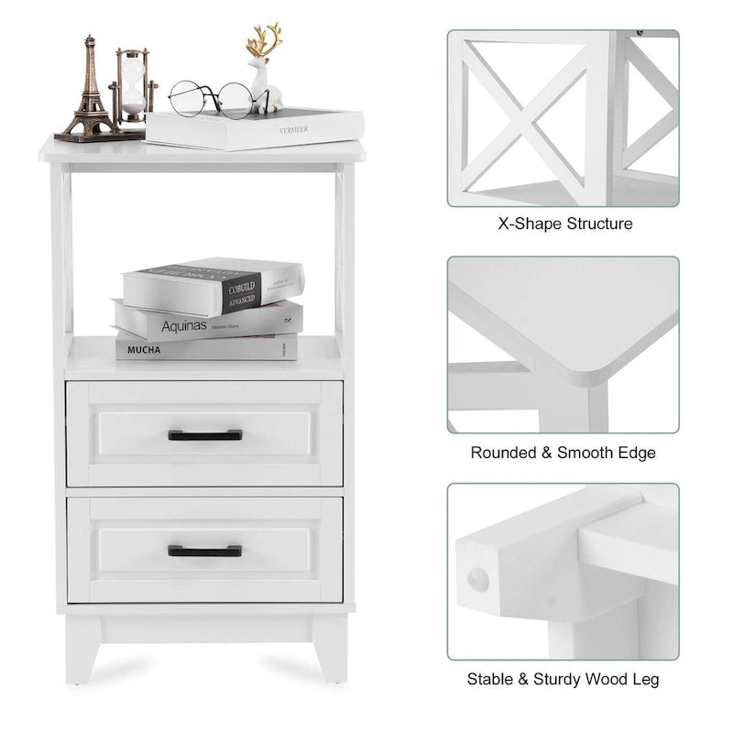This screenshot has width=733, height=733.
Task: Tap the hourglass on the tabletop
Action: (133, 87)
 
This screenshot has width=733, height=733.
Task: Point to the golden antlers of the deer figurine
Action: (264, 42)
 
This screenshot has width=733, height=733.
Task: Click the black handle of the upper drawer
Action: (205, 435)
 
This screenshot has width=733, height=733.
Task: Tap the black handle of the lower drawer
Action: (205, 551)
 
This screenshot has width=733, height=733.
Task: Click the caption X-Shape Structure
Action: (564, 224)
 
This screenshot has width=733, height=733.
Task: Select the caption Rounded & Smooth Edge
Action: (563, 453)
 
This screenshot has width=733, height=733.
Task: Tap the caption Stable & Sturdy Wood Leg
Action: (563, 679)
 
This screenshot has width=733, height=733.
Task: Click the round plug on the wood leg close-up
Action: (477, 578)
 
